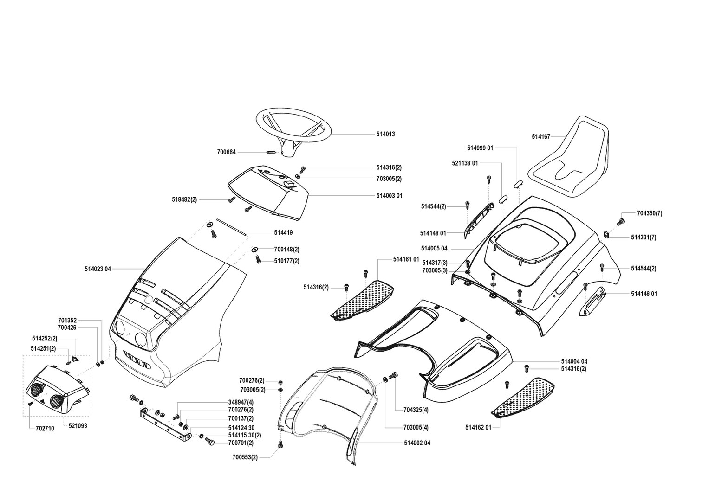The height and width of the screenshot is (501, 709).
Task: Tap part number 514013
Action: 385,134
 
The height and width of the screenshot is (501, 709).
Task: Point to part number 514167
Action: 541,137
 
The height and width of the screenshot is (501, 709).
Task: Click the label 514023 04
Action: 98,269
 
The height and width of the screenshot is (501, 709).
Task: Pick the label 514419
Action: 283,233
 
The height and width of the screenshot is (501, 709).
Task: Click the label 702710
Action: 45,429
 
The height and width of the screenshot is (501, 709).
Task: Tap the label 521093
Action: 78,426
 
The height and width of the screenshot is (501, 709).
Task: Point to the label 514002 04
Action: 417,443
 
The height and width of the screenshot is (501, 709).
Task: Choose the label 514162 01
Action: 478,427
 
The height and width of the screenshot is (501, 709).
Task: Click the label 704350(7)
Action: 650,213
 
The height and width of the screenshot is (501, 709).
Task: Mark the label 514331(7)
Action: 644,238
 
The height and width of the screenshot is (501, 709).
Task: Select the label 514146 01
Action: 644,294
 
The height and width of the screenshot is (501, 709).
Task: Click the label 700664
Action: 226,152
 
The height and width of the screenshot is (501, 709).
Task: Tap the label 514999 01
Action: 480,148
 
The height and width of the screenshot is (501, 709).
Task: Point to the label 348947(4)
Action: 241,402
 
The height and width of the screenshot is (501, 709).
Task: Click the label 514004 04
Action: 574,361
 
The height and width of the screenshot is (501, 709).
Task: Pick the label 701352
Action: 67,320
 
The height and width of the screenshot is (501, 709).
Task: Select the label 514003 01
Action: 389,196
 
